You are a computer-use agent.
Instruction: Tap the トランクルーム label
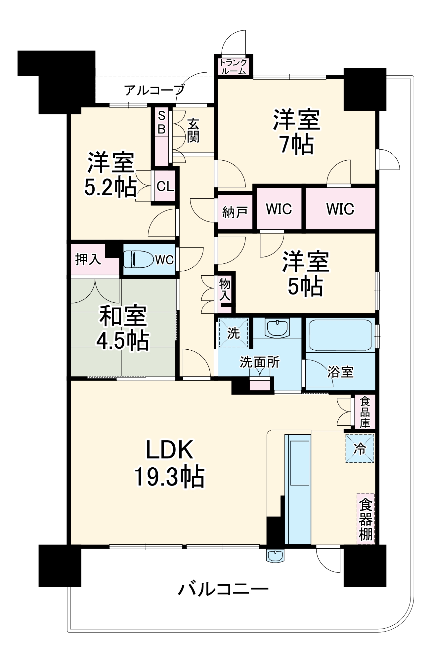point(234,66)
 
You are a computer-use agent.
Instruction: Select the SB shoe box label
point(161,122)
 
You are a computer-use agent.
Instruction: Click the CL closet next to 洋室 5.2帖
point(165,186)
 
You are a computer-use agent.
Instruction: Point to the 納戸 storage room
point(235,212)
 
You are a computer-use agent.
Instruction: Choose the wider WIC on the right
point(340,209)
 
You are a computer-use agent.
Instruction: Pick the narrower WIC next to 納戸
point(279,209)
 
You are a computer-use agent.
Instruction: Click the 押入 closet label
point(88,259)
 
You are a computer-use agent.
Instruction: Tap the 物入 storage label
point(225,290)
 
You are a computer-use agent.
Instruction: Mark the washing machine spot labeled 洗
point(233,333)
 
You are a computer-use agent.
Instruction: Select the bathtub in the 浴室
point(340,335)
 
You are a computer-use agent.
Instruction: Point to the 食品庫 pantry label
point(365,412)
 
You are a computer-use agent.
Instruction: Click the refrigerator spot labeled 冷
point(360,448)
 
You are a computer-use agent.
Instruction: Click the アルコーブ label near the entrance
point(154,90)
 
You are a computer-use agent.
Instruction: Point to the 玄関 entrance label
point(193,131)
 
